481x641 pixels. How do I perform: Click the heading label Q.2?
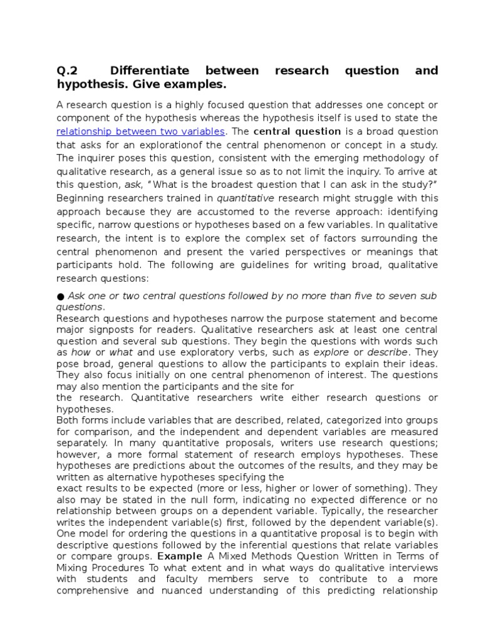tap(67, 71)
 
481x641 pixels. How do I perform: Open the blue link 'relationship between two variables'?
tap(140, 131)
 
